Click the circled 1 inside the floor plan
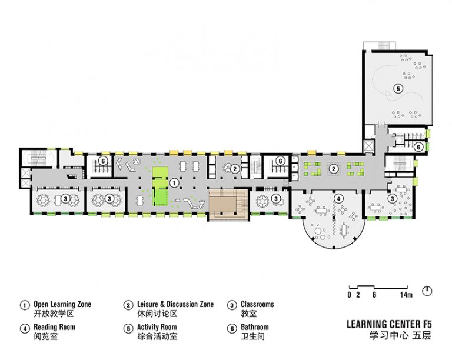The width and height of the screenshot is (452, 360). coord(174,183)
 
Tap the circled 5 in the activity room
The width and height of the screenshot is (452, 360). coord(398,88)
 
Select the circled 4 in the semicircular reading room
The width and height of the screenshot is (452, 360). coord(338,198)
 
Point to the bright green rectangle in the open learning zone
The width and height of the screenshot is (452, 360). coord(160,186)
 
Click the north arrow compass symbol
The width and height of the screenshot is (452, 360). coord(427,291)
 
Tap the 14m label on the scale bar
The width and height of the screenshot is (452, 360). coord(406,295)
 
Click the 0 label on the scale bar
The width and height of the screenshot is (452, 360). coord(350,295)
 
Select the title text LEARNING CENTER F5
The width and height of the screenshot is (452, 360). coord(389,324)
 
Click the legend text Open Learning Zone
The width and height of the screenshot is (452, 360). coord(62,304)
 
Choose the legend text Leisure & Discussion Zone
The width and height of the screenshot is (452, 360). coord(175,304)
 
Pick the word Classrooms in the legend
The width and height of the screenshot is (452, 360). coord(257,304)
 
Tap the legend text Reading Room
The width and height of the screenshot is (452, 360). coord(55,327)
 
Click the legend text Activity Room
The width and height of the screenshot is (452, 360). coord(157,327)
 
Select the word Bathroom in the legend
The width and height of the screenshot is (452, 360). coord(254,327)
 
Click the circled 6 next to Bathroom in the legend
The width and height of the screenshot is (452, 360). coord(232,329)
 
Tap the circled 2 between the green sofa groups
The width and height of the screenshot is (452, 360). coord(334,169)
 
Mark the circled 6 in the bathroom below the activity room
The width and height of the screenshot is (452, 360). coord(418,147)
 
